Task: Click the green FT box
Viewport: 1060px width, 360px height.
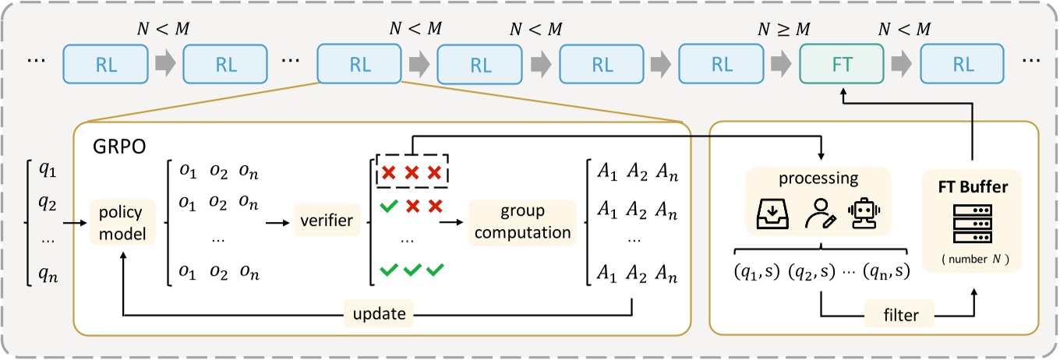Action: pyautogui.click(x=842, y=64)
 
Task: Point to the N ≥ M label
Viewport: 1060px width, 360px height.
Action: pyautogui.click(x=784, y=29)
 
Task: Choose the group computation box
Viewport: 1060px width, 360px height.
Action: pyautogui.click(x=521, y=223)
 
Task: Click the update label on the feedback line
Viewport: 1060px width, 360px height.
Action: pyautogui.click(x=379, y=316)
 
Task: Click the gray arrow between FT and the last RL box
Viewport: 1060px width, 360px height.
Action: pyautogui.click(x=902, y=64)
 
